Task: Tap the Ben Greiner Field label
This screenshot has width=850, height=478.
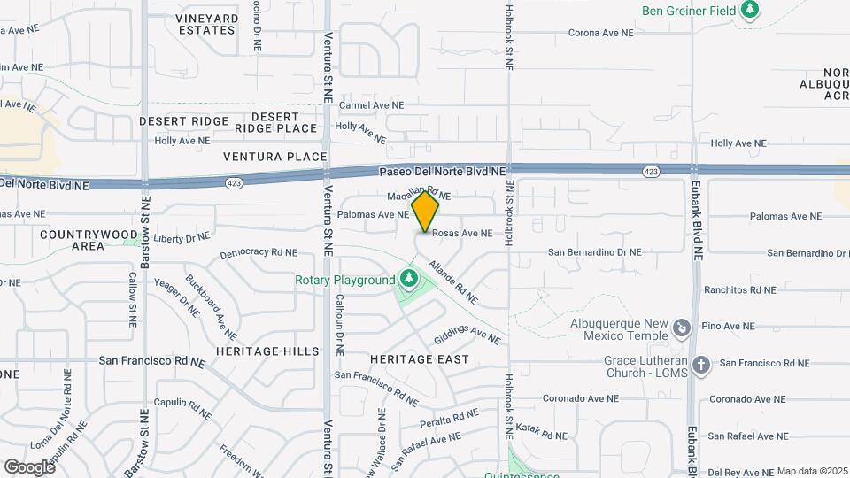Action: (x=689, y=11)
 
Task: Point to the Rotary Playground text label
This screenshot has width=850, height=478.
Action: (x=345, y=281)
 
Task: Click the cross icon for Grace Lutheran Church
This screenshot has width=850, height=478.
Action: (x=700, y=364)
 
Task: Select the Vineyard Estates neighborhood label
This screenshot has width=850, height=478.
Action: (x=206, y=24)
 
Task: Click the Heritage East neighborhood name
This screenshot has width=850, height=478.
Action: (x=419, y=359)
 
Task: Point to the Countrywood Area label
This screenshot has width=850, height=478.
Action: (x=75, y=240)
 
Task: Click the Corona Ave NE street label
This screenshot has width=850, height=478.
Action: (x=601, y=32)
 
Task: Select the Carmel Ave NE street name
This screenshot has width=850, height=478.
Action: (x=371, y=104)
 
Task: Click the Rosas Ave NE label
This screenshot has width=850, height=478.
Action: (x=461, y=234)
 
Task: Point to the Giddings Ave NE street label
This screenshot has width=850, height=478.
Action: (x=467, y=335)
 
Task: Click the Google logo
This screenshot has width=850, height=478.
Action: (x=29, y=467)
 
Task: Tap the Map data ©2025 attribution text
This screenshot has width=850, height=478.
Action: (x=812, y=471)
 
